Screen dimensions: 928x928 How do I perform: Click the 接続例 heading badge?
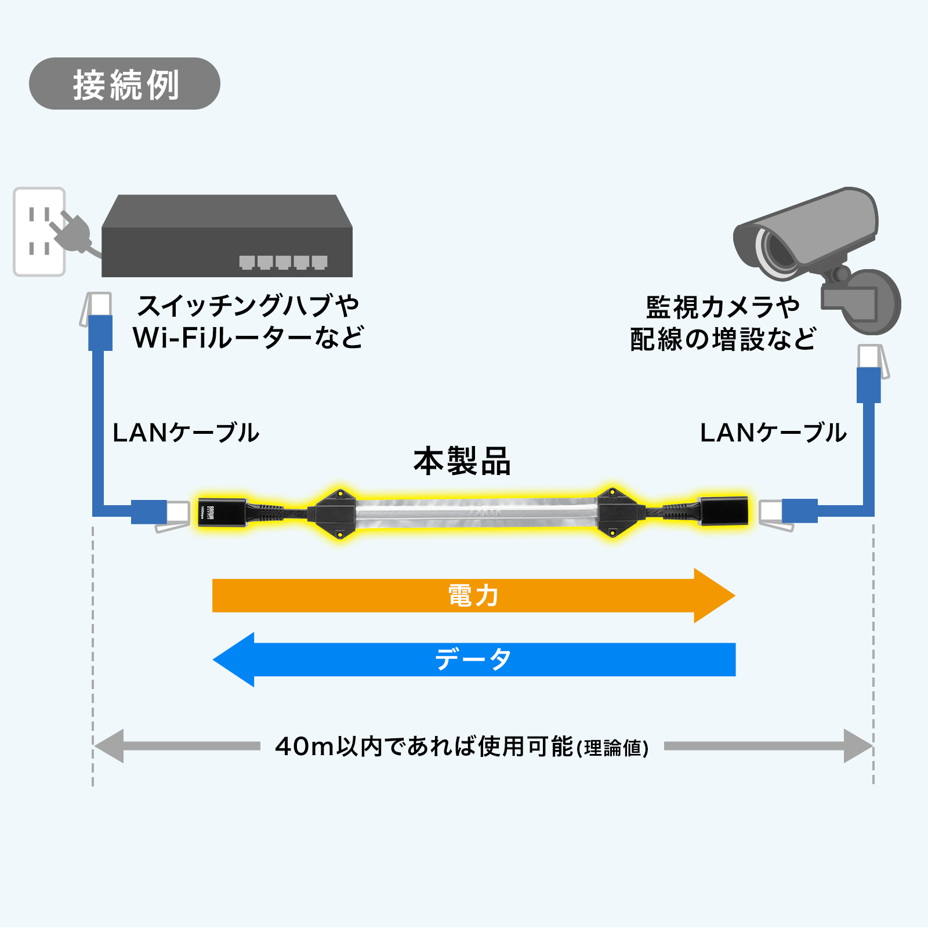[125, 84]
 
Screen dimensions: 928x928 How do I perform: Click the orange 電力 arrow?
[473, 596]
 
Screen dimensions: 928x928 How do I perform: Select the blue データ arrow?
[473, 659]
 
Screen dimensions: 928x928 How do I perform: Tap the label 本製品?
[462, 462]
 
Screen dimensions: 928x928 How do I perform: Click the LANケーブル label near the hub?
[186, 433]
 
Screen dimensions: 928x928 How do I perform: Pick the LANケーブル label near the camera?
[773, 433]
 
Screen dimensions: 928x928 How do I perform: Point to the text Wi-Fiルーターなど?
[248, 338]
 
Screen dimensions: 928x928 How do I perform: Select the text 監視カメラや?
[723, 307]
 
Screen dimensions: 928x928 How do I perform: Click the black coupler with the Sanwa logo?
[222, 512]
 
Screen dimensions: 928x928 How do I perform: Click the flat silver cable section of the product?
[476, 513]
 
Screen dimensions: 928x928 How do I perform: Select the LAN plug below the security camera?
[869, 371]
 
